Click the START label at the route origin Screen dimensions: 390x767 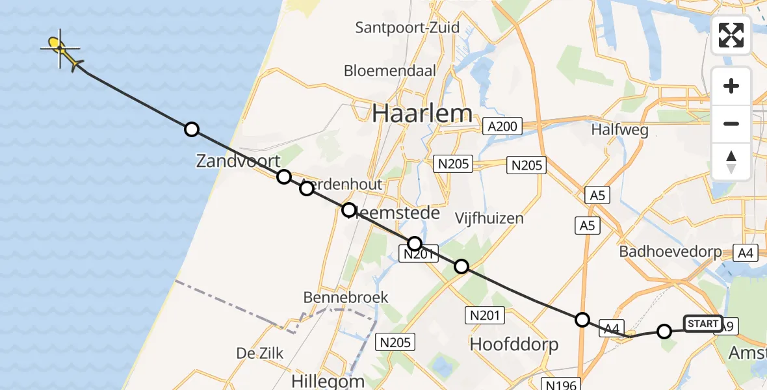[x=703, y=324]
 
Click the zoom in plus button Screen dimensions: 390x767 [x=731, y=86]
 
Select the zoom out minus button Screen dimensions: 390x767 [x=731, y=123]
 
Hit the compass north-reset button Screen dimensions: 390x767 [x=731, y=161]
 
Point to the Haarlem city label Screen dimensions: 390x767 [x=422, y=114]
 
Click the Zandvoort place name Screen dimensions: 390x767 [x=238, y=161]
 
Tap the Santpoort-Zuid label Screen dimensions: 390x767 [x=408, y=28]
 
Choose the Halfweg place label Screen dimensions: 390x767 [x=619, y=130]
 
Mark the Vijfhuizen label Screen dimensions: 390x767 [x=489, y=218]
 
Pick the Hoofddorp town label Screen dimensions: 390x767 [x=513, y=344]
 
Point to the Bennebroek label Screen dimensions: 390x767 [x=346, y=298]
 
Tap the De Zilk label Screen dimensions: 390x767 [x=260, y=354]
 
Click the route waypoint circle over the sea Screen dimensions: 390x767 [x=191, y=129]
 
